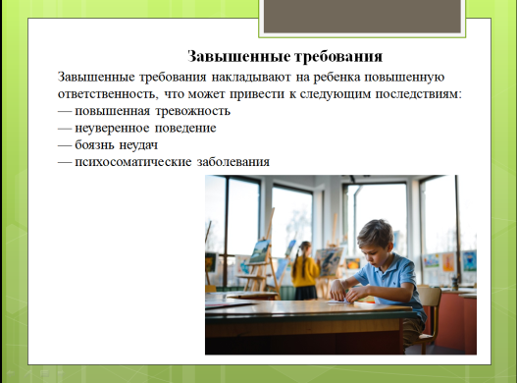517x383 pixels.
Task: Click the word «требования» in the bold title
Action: [x=338, y=56]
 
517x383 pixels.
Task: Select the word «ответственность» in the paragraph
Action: [x=107, y=94]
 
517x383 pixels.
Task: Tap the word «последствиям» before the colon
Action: [x=417, y=94]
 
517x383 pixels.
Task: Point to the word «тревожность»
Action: [x=193, y=111]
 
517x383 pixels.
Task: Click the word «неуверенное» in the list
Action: [x=112, y=128]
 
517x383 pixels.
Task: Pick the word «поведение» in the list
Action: [x=185, y=128]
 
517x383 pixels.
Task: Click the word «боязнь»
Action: [x=94, y=145]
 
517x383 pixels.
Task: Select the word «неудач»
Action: [x=138, y=145]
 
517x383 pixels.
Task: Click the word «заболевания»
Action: [x=233, y=162]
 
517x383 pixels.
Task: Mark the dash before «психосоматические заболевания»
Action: [x=65, y=162]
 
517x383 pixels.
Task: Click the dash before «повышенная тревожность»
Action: [x=65, y=111]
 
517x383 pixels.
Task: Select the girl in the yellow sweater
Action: [x=305, y=271]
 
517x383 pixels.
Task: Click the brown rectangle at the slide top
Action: [x=362, y=16]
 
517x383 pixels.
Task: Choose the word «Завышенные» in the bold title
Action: [x=238, y=56]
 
